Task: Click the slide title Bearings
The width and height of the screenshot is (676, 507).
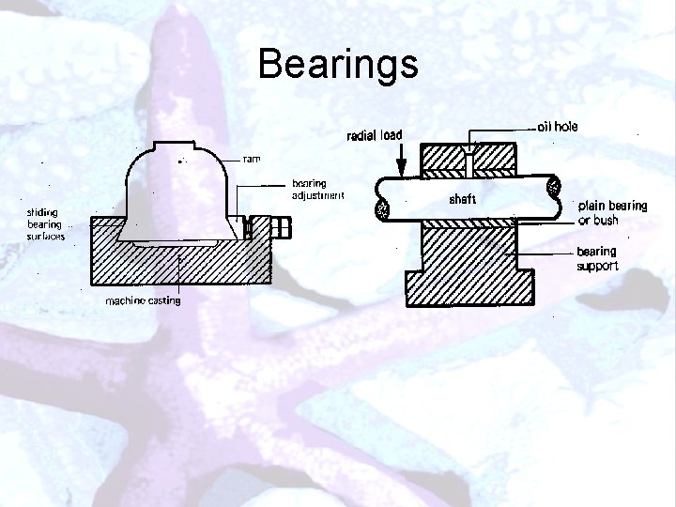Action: click(338, 64)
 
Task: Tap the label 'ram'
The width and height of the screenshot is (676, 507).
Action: click(252, 159)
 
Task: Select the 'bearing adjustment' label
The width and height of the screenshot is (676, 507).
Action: click(317, 190)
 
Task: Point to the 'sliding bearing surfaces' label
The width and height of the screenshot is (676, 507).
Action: click(44, 224)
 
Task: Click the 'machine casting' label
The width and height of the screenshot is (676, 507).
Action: click(143, 300)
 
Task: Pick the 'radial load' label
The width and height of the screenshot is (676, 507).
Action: click(376, 135)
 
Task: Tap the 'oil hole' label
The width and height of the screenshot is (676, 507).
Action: click(558, 125)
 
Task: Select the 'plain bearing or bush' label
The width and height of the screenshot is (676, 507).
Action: click(611, 212)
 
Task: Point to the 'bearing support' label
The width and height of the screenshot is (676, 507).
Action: click(597, 258)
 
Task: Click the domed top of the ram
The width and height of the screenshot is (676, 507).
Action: click(178, 155)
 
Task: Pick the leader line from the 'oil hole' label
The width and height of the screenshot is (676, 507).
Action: click(502, 127)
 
